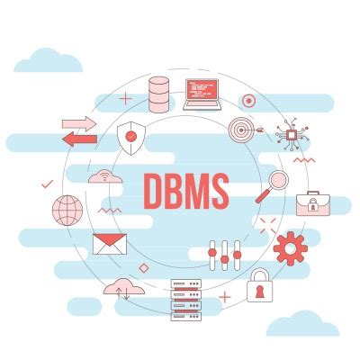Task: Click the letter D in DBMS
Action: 155,189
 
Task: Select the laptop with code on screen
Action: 203,94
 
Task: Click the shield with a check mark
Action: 131,138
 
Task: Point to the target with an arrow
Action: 243,131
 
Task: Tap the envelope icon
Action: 109,244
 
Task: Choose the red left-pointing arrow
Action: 79,139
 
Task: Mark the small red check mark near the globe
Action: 47,184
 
